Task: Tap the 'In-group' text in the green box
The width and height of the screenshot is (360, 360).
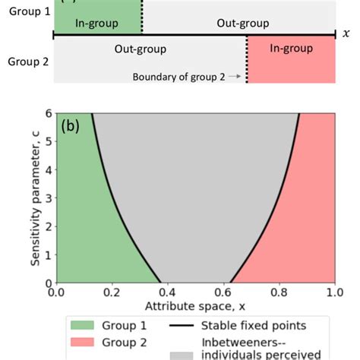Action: pyautogui.click(x=96, y=24)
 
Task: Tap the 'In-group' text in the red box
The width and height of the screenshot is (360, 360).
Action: pyautogui.click(x=291, y=49)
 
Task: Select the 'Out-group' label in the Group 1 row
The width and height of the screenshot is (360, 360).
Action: pyautogui.click(x=238, y=24)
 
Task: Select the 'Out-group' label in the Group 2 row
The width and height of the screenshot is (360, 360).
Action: pyautogui.click(x=141, y=49)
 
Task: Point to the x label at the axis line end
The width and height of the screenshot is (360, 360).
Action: pyautogui.click(x=346, y=33)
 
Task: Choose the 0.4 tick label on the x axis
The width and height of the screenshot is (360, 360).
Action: pyautogui.click(x=167, y=292)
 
